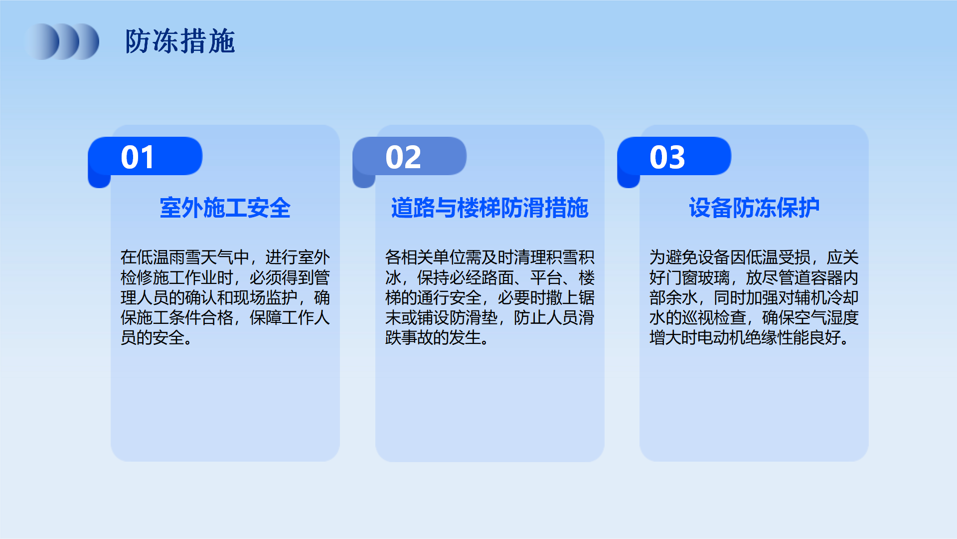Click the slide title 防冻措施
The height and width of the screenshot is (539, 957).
[180, 41]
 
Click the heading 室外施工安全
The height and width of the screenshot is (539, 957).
[225, 208]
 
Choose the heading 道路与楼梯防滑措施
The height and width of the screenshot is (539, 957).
[490, 208]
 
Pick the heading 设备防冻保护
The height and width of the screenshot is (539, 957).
[754, 208]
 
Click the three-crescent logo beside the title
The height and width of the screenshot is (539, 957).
[62, 41]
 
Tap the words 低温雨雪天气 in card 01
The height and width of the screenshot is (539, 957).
[185, 258]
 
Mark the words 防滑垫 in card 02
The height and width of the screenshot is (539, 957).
[474, 317]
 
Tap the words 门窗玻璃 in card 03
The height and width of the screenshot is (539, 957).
[698, 277]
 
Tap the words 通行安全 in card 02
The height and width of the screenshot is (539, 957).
[450, 297]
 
